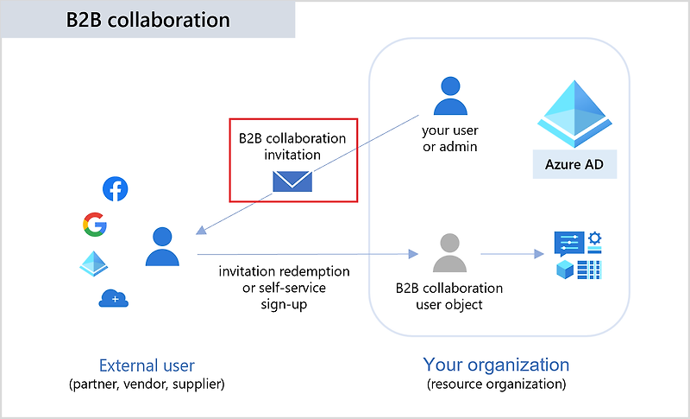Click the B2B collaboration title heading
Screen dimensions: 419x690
click(148, 19)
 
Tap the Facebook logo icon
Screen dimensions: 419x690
click(115, 189)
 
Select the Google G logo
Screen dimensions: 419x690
click(95, 225)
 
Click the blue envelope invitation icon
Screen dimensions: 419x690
click(292, 181)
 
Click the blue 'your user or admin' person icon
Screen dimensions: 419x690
click(449, 96)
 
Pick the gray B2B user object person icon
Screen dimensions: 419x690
click(449, 252)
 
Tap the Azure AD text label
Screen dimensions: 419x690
click(574, 163)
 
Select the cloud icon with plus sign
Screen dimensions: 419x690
click(113, 299)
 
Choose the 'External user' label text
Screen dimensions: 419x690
click(147, 365)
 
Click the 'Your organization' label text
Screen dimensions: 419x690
click(496, 365)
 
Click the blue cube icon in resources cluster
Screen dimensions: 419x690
click(566, 269)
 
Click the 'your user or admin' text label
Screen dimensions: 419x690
click(449, 139)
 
